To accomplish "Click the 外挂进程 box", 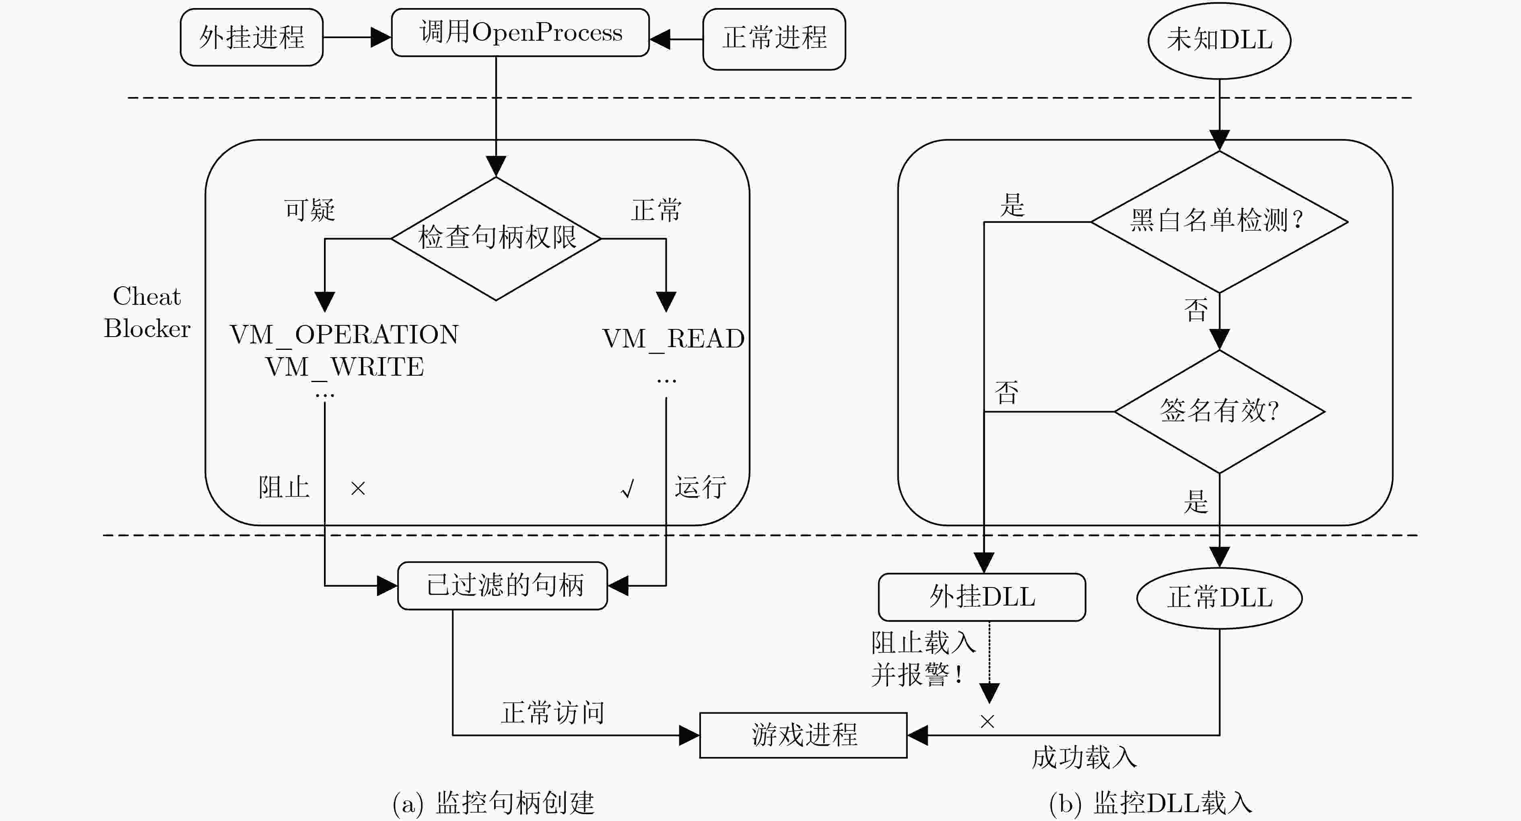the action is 251,37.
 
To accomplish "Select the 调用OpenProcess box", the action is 520,33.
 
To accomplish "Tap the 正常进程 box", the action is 774,39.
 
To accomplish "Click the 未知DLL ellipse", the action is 1219,40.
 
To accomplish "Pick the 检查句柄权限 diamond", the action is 496,239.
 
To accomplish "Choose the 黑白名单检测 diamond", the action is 1219,222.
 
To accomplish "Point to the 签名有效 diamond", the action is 1219,412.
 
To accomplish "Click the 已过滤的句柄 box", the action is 503,585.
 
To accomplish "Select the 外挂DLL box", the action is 982,597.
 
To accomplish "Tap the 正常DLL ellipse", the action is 1219,598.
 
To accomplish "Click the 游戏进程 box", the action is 803,735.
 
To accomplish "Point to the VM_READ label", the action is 673,339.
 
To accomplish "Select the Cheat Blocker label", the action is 147,312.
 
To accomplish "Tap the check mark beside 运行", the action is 628,488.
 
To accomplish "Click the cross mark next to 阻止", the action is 358,488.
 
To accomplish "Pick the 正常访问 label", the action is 552,712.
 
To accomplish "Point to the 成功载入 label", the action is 1084,757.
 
